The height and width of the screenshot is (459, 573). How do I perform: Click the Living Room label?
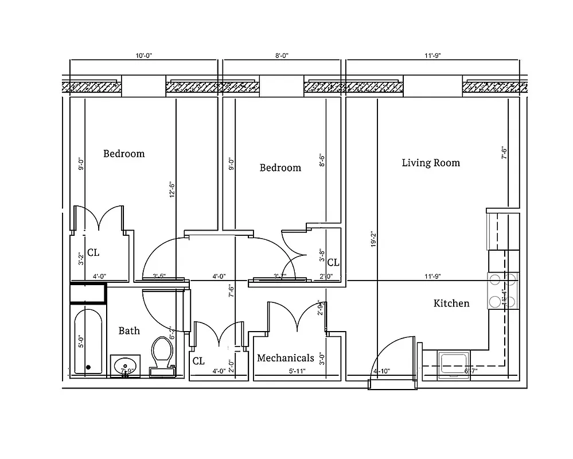431,163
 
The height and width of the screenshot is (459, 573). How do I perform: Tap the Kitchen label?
451,303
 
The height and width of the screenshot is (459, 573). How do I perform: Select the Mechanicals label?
285,358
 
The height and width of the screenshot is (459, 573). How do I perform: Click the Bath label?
129,330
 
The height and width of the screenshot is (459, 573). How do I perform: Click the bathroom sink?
125,365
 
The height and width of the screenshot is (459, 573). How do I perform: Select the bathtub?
88,342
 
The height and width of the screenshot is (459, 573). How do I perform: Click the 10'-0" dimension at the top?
144,56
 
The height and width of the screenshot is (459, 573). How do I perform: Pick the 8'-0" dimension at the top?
282,56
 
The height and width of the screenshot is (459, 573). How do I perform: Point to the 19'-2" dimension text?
373,239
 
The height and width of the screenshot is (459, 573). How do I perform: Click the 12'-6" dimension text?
171,190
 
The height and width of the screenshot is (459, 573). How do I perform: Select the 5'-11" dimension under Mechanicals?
297,371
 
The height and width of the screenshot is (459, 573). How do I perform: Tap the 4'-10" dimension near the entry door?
382,371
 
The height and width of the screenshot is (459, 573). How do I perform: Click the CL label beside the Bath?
198,361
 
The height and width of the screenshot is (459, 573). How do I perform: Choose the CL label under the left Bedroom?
93,252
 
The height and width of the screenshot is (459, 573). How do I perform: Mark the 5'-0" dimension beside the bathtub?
81,342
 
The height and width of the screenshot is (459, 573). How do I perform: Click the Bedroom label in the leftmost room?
124,154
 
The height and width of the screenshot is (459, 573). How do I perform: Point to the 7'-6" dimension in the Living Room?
504,153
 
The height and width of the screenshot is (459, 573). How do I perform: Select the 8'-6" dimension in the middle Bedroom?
322,160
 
